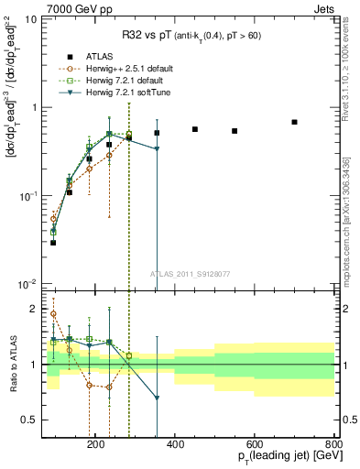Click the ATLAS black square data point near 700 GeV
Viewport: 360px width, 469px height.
294,122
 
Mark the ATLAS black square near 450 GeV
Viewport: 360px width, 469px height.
195,129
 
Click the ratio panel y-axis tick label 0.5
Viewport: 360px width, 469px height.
49,420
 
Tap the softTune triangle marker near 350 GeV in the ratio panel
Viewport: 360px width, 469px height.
157,398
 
